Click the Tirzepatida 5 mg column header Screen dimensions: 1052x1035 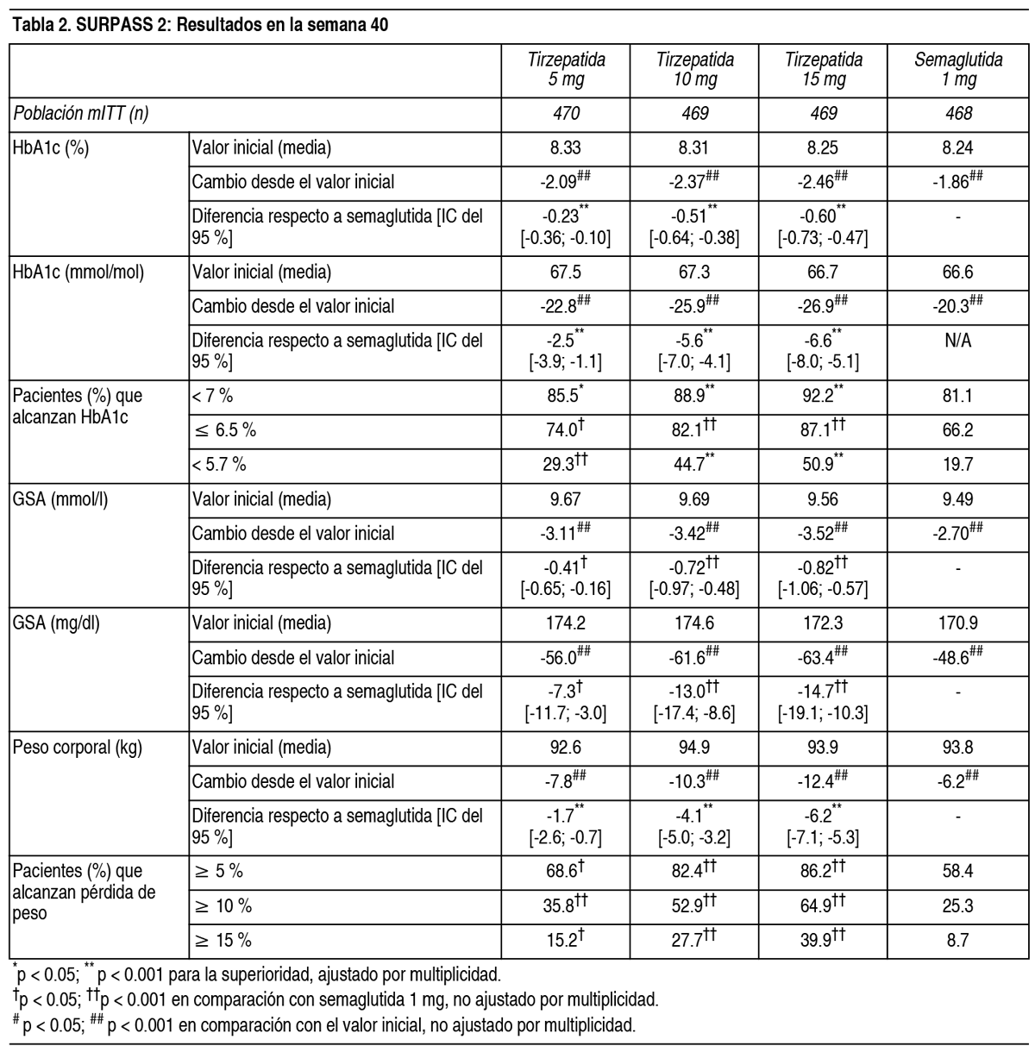pos(566,70)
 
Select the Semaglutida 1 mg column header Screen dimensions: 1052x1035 pos(957,70)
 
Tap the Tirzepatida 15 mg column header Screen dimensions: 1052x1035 pos(823,70)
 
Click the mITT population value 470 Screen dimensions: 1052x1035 pos(566,113)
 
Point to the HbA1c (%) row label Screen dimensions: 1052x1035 pos(51,147)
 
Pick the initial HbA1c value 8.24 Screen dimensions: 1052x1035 pos(957,147)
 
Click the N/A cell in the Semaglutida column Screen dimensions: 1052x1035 pos(957,341)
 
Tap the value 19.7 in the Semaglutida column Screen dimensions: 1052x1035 pos(957,465)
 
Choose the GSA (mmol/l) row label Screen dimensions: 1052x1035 pos(60,499)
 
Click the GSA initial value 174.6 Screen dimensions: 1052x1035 pos(694,623)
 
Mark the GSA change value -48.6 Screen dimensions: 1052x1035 pos(954,657)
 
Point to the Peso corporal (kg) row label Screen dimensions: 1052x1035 pos(78,747)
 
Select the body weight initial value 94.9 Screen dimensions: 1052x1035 pos(694,747)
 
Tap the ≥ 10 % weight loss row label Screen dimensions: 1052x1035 pos(222,906)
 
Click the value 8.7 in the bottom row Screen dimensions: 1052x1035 pos(957,940)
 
